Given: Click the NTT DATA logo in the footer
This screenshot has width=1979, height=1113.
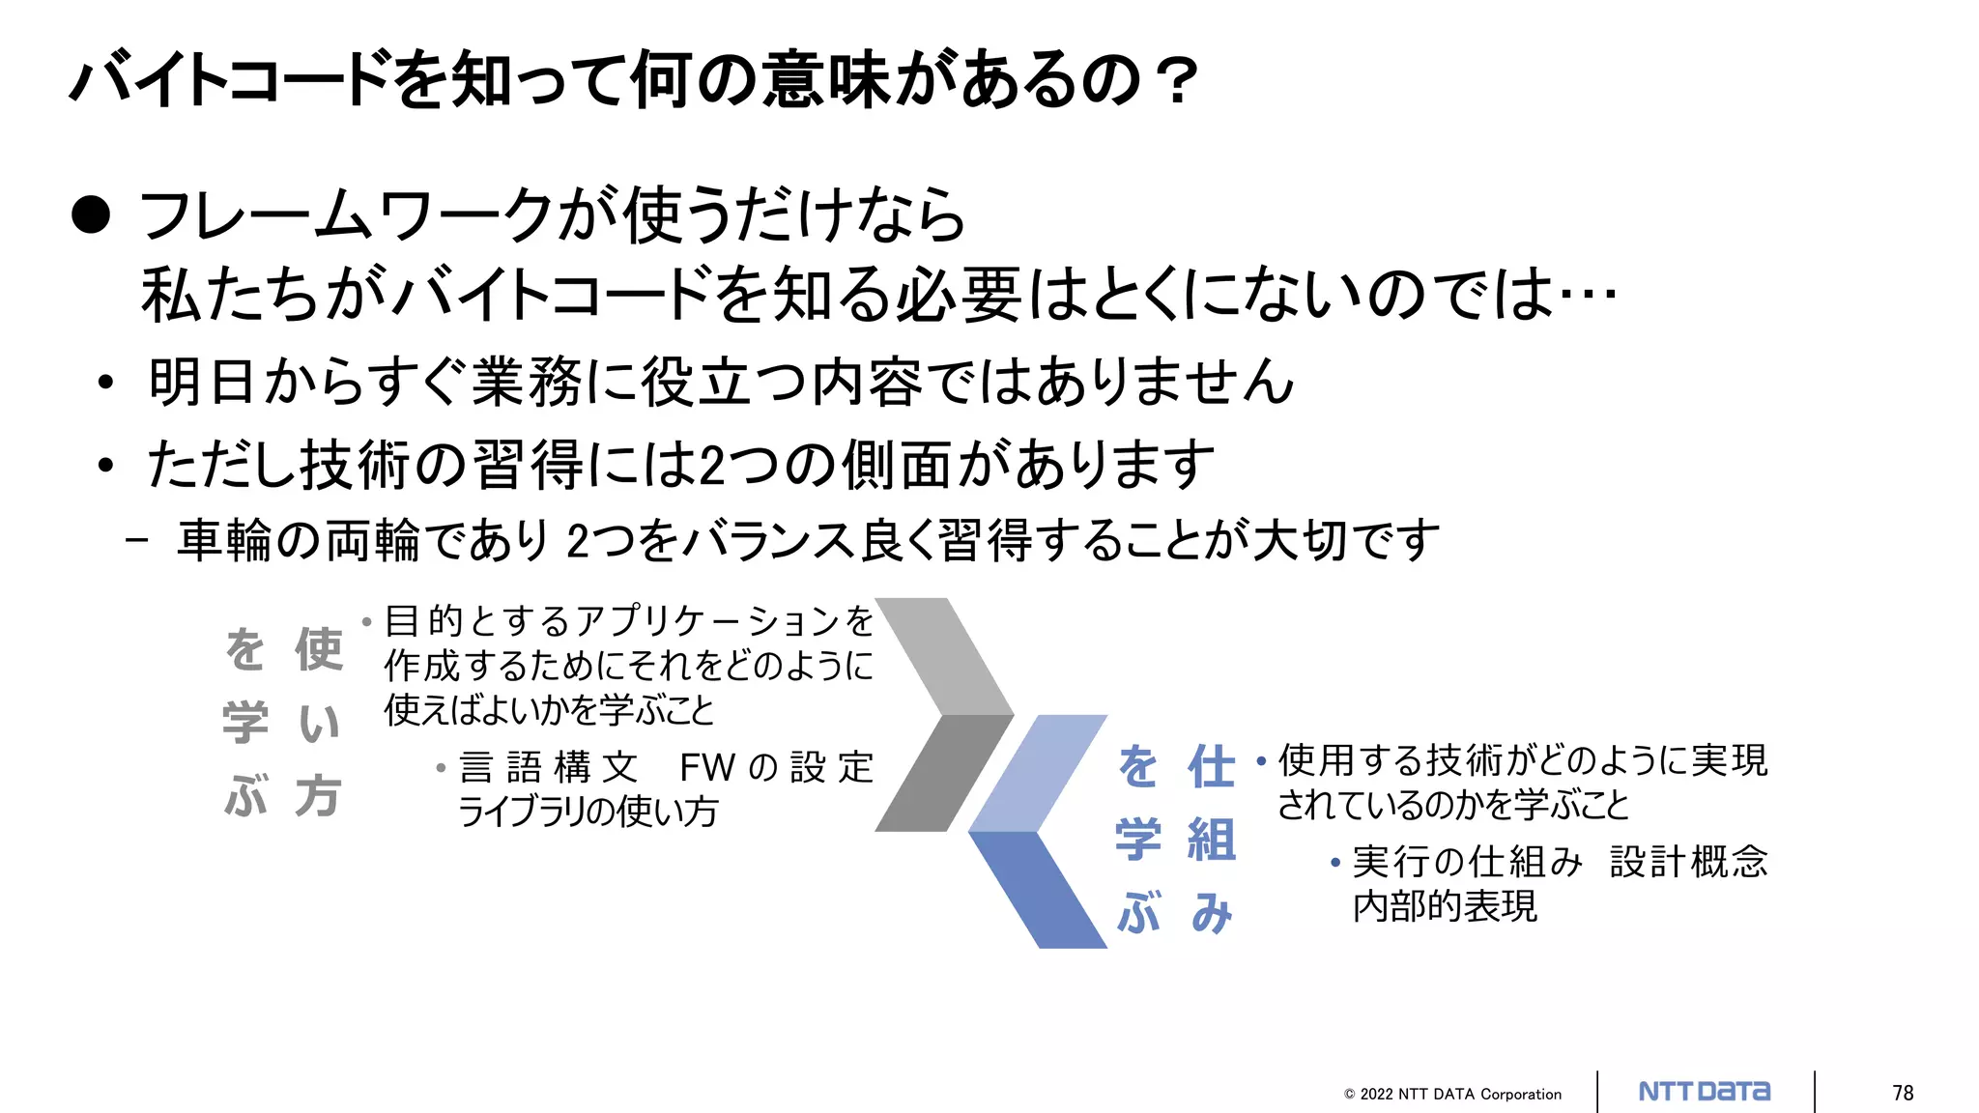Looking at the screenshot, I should (x=1705, y=1092).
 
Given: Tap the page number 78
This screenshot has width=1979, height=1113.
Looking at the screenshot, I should (x=1903, y=1093).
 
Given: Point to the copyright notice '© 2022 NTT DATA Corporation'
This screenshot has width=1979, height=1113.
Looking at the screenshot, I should (x=1452, y=1094).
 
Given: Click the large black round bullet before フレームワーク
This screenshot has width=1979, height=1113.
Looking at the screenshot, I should (x=91, y=214).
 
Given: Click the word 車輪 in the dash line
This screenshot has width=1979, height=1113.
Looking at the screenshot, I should (x=225, y=540).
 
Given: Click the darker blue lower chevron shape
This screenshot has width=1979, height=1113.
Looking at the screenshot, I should (x=1044, y=889).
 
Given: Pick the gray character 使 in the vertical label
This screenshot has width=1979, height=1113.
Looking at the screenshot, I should (x=318, y=648).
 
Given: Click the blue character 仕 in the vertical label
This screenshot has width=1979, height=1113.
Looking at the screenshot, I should (x=1211, y=767).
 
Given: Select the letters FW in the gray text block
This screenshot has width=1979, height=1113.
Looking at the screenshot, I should (x=707, y=768).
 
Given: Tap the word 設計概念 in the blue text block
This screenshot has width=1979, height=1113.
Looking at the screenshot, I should (x=1688, y=862).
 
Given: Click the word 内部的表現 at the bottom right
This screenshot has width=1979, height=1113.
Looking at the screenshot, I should (x=1444, y=906).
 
